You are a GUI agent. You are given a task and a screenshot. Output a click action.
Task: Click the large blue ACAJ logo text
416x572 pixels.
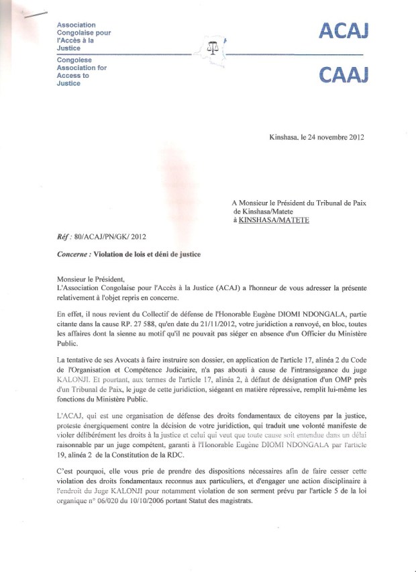344,31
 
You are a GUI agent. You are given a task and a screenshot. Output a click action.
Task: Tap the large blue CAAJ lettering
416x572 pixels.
344,75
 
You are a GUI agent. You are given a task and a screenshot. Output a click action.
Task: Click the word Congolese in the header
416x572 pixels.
75,60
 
